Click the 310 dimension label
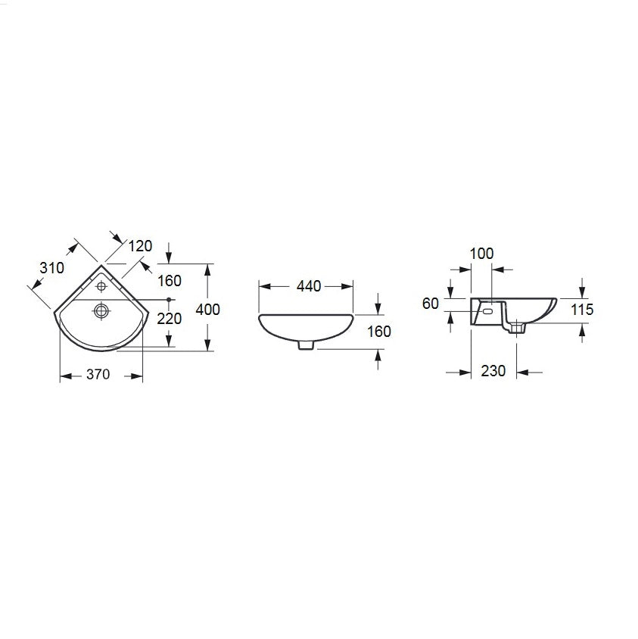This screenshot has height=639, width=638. [51, 268]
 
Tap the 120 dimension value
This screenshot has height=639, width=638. [140, 246]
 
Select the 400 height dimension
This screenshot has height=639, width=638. [208, 310]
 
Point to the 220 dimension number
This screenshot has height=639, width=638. [169, 319]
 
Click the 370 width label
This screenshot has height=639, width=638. [98, 374]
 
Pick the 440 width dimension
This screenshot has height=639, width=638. [309, 286]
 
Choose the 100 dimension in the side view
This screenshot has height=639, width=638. [481, 254]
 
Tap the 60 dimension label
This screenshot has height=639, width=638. [430, 304]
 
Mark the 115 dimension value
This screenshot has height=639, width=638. [582, 310]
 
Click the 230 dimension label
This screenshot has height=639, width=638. [493, 371]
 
